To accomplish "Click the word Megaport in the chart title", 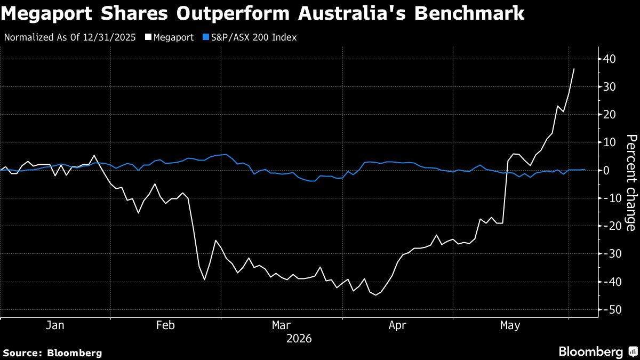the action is [46, 13].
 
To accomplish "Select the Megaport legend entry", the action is [170, 37].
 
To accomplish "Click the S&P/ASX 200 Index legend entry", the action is [250, 37].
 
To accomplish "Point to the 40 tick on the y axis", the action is [610, 59].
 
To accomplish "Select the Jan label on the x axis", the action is [55, 325].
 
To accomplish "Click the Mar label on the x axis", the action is [281, 325].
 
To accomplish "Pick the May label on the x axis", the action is [510, 325].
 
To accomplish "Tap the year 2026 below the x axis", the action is [299, 339].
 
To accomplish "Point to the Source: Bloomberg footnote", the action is [53, 353].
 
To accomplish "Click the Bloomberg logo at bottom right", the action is [599, 351].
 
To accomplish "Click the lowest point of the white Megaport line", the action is [375, 295].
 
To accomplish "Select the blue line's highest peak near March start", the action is [226, 154].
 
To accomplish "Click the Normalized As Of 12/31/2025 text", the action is [70, 37].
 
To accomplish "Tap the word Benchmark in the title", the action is [469, 13].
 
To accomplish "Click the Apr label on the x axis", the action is [397, 325].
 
